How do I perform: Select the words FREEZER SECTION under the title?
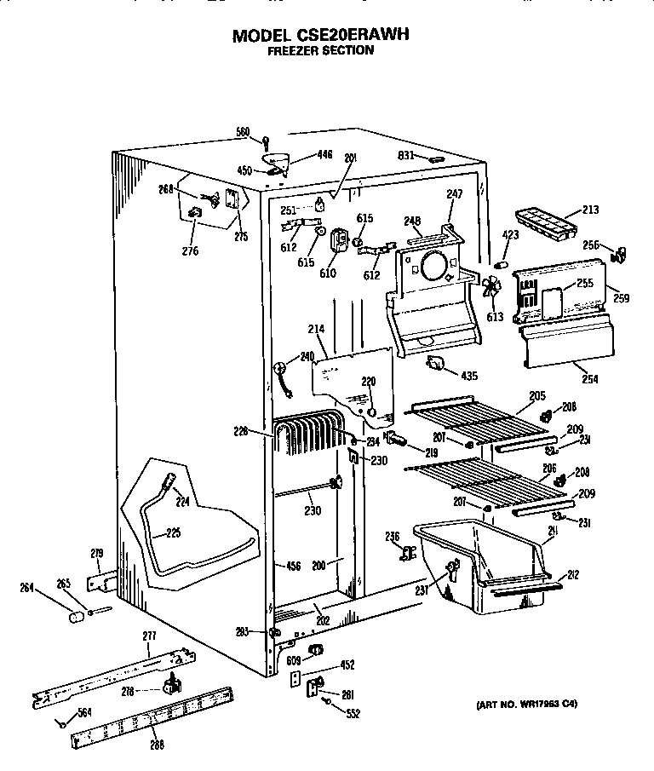click(x=320, y=51)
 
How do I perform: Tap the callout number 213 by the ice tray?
click(x=589, y=209)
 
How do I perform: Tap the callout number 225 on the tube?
click(x=173, y=534)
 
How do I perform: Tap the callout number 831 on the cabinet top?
click(x=406, y=155)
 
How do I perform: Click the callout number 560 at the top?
click(x=243, y=131)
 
